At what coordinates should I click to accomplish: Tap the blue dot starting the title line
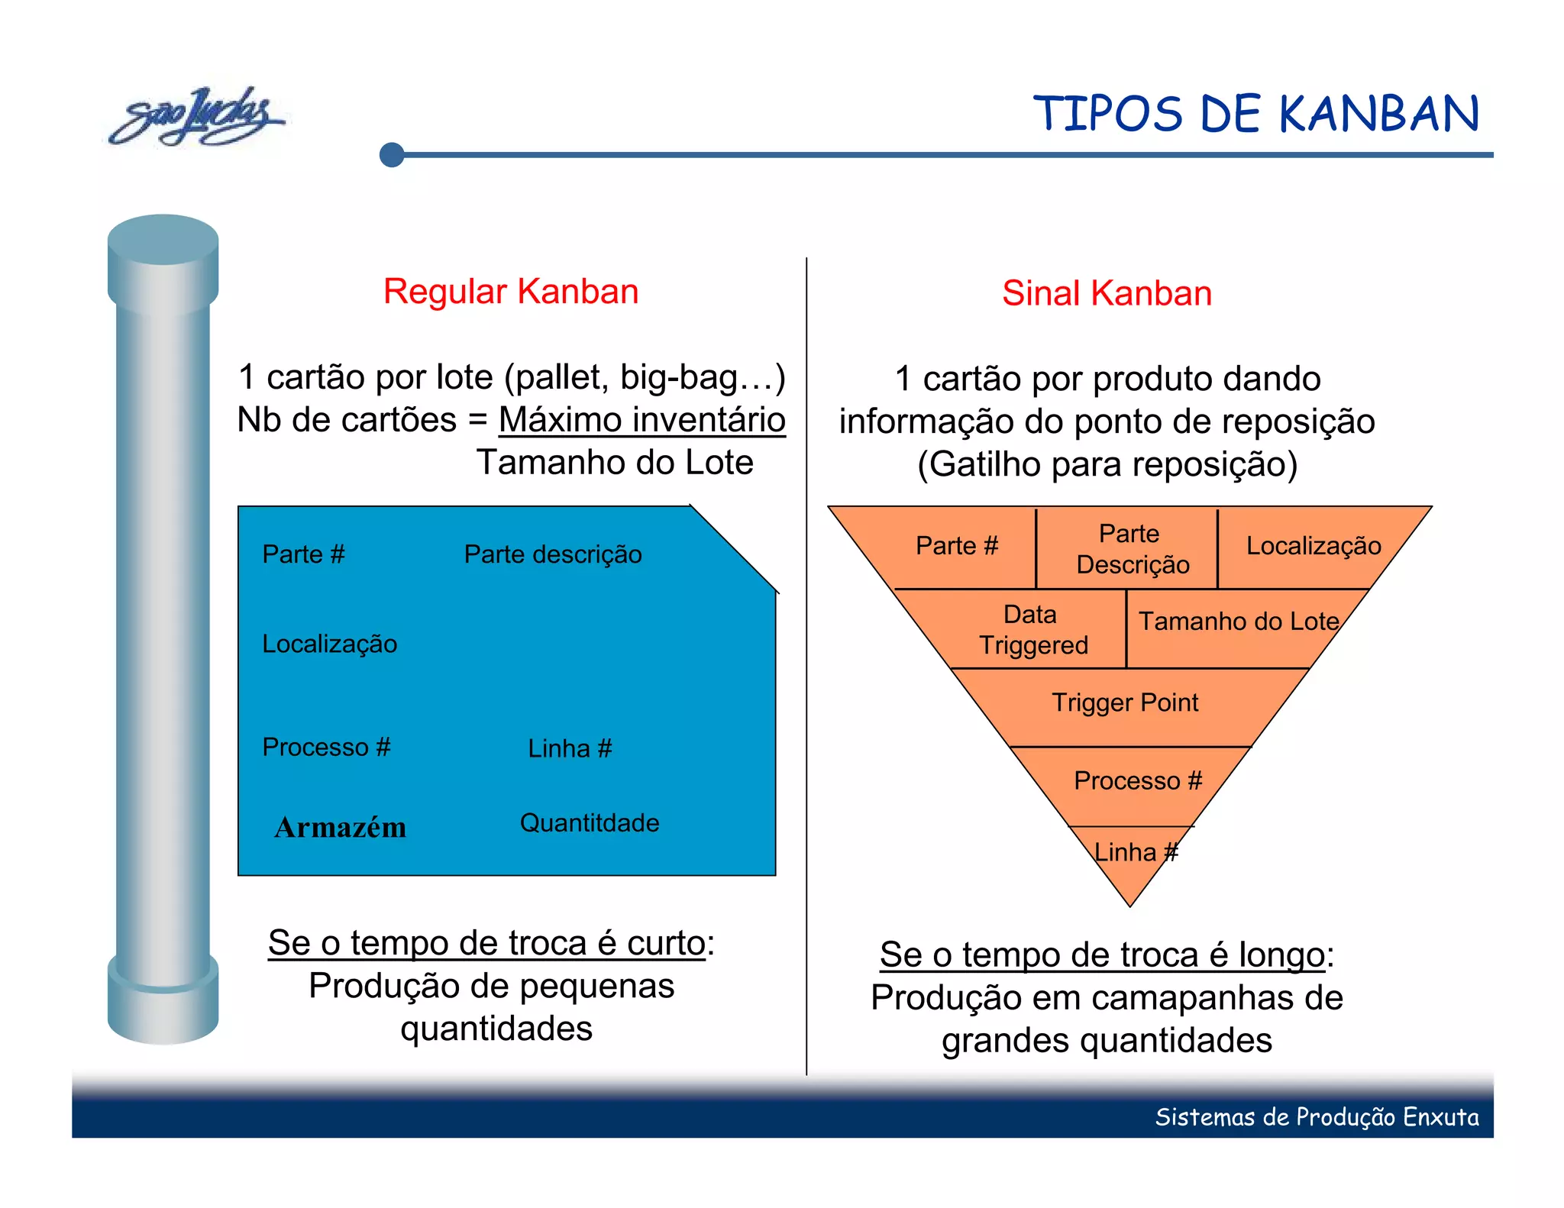tap(392, 155)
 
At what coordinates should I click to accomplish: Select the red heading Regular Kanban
tap(510, 292)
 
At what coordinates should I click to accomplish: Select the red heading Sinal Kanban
tap(1107, 293)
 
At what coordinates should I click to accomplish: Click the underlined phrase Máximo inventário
tap(641, 420)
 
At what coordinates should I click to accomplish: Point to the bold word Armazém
tap(341, 828)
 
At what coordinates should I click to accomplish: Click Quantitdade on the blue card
tap(589, 823)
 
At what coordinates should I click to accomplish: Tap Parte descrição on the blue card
tap(553, 554)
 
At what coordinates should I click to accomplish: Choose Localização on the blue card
tap(329, 644)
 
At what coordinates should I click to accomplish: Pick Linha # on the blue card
tap(570, 748)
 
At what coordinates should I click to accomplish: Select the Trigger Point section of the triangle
tap(1125, 703)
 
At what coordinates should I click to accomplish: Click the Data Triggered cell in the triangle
tap(1032, 630)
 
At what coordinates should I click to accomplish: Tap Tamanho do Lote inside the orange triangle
tap(1238, 622)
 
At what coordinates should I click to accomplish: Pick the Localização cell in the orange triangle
tap(1313, 546)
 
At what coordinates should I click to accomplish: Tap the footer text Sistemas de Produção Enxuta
tap(1316, 1117)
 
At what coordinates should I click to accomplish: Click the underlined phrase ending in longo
tap(1101, 955)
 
